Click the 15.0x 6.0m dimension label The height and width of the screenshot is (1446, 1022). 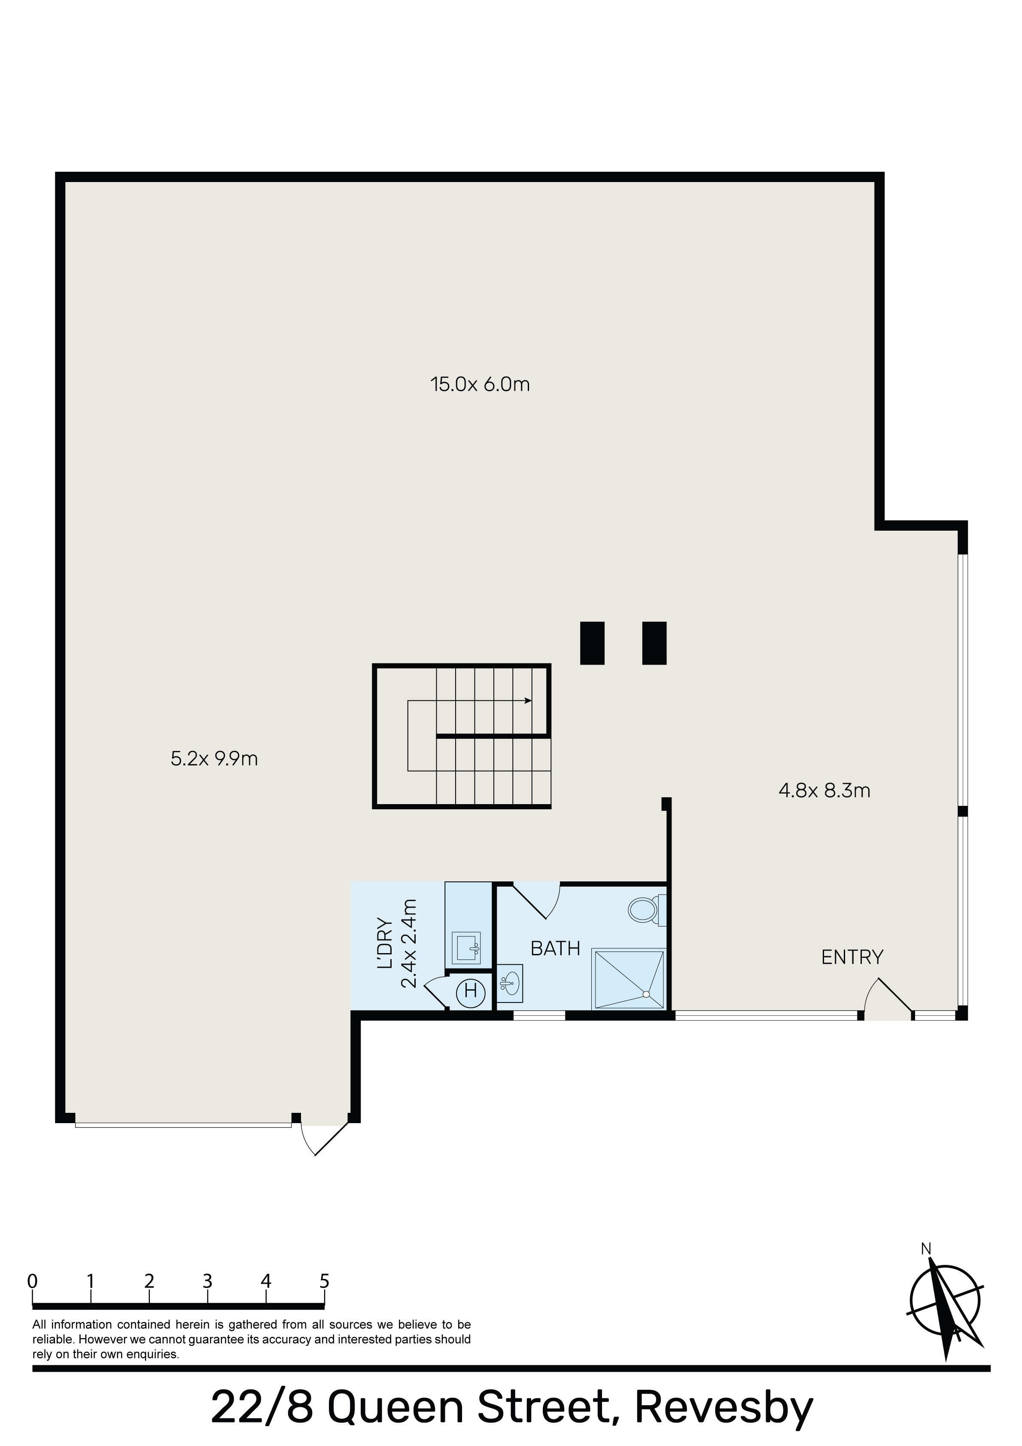tap(480, 384)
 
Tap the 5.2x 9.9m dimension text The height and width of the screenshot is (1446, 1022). tap(214, 759)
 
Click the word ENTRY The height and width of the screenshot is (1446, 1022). tap(852, 957)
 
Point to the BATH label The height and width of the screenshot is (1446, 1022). tap(555, 948)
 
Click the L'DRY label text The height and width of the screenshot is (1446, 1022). tap(385, 944)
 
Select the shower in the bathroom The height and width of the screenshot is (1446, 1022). tap(628, 979)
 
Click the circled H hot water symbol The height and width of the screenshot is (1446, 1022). tap(470, 991)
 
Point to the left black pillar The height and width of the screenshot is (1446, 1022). tap(592, 643)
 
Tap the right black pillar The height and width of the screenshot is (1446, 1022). tap(654, 643)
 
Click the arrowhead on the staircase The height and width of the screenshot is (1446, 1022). tap(528, 700)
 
